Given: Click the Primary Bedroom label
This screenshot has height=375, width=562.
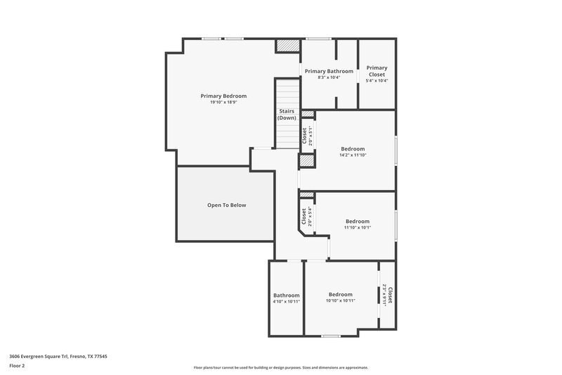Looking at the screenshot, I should tap(223, 96).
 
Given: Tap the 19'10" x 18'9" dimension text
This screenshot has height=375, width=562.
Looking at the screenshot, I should tap(223, 102).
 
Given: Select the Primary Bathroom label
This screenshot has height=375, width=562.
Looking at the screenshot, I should tap(329, 71).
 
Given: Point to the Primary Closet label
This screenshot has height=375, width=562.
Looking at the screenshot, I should tap(377, 71).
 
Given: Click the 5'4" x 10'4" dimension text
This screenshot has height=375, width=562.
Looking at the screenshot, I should tap(377, 80).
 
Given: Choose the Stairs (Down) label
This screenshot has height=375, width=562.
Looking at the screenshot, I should tap(287, 114).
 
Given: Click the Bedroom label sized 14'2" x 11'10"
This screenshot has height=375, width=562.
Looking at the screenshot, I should tap(353, 148).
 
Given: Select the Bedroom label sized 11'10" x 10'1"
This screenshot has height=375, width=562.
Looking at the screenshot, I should tap(357, 222).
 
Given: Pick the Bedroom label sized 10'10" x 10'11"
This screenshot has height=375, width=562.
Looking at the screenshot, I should tap(341, 294).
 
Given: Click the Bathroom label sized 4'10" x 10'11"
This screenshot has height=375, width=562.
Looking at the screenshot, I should tap(287, 295).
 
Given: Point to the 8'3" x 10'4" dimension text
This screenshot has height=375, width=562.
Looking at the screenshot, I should tap(329, 77).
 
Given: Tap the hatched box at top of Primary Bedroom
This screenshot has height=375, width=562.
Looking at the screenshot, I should tap(287, 45).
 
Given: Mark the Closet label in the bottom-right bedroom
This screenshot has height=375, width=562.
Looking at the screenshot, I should tap(390, 293).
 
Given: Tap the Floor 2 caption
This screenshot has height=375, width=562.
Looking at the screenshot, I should tap(18, 366).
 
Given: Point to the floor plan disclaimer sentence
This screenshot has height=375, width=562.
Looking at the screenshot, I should tap(280, 367).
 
